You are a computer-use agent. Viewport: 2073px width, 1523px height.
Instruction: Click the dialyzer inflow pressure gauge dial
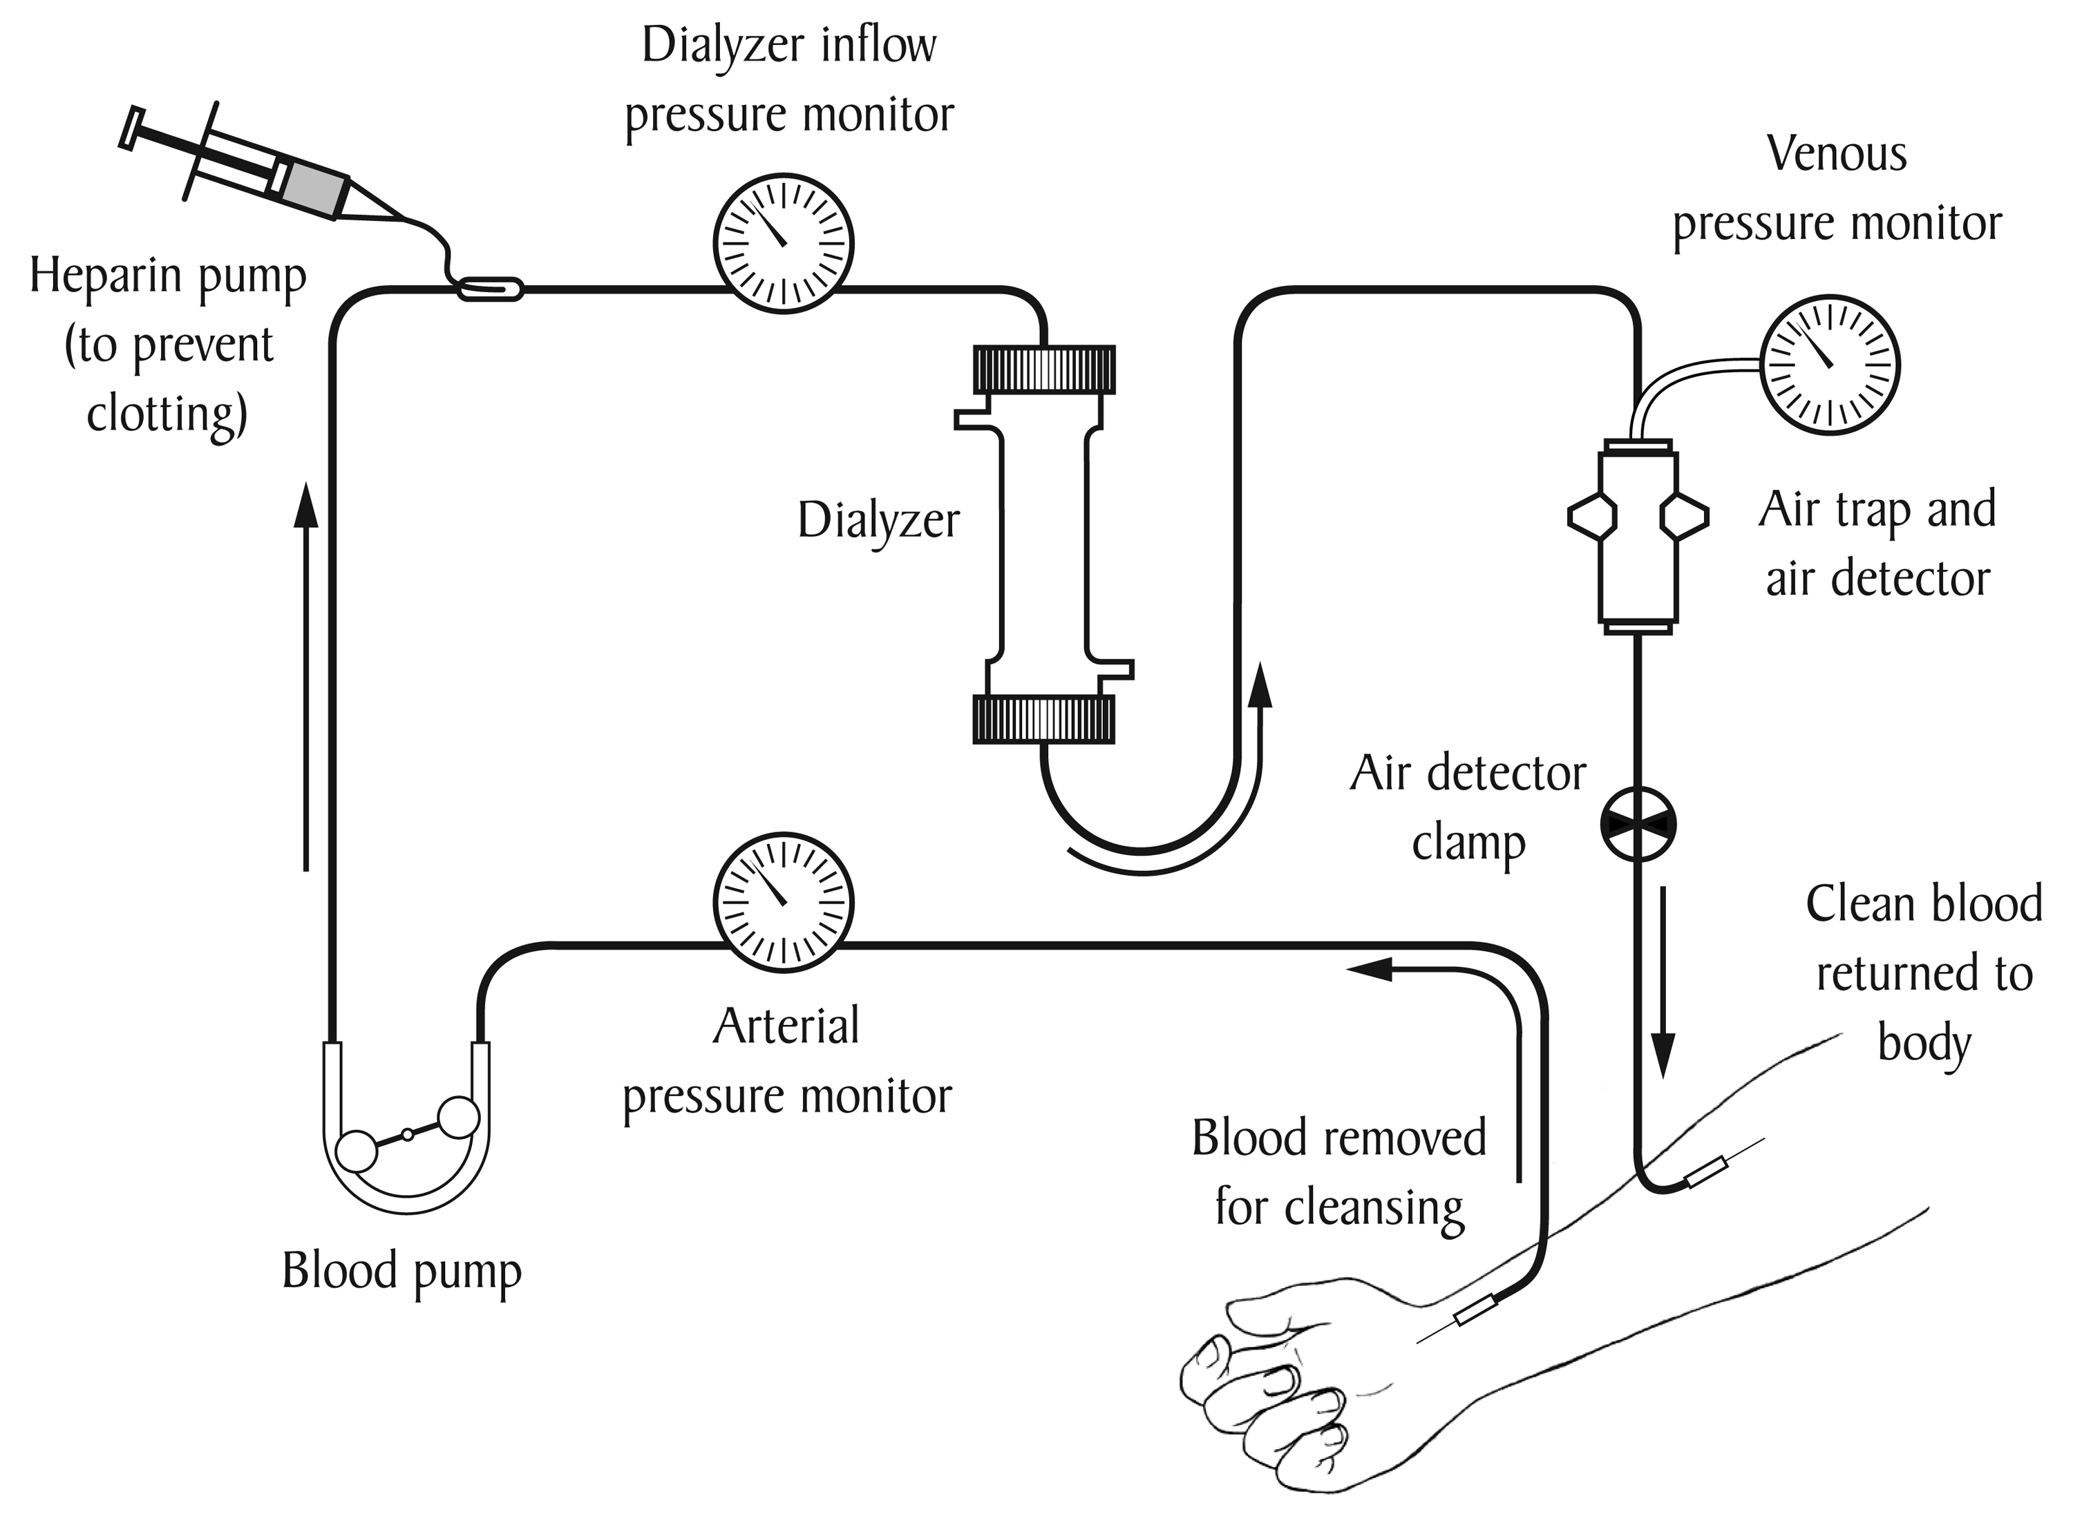click(x=783, y=243)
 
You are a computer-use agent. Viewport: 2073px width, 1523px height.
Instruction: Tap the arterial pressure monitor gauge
click(x=783, y=903)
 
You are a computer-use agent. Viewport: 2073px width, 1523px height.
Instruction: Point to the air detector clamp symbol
click(x=1638, y=824)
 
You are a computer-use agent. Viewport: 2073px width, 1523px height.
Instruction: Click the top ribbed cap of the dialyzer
click(x=1044, y=369)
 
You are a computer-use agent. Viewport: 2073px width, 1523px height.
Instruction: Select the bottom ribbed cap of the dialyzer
click(x=1044, y=719)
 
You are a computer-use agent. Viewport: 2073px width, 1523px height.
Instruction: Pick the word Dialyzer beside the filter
click(x=878, y=520)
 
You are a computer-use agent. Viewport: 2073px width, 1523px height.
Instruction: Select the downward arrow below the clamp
click(x=1663, y=982)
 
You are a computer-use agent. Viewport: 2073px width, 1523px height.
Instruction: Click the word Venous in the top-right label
click(x=1836, y=153)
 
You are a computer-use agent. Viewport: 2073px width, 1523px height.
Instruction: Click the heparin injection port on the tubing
click(x=491, y=289)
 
